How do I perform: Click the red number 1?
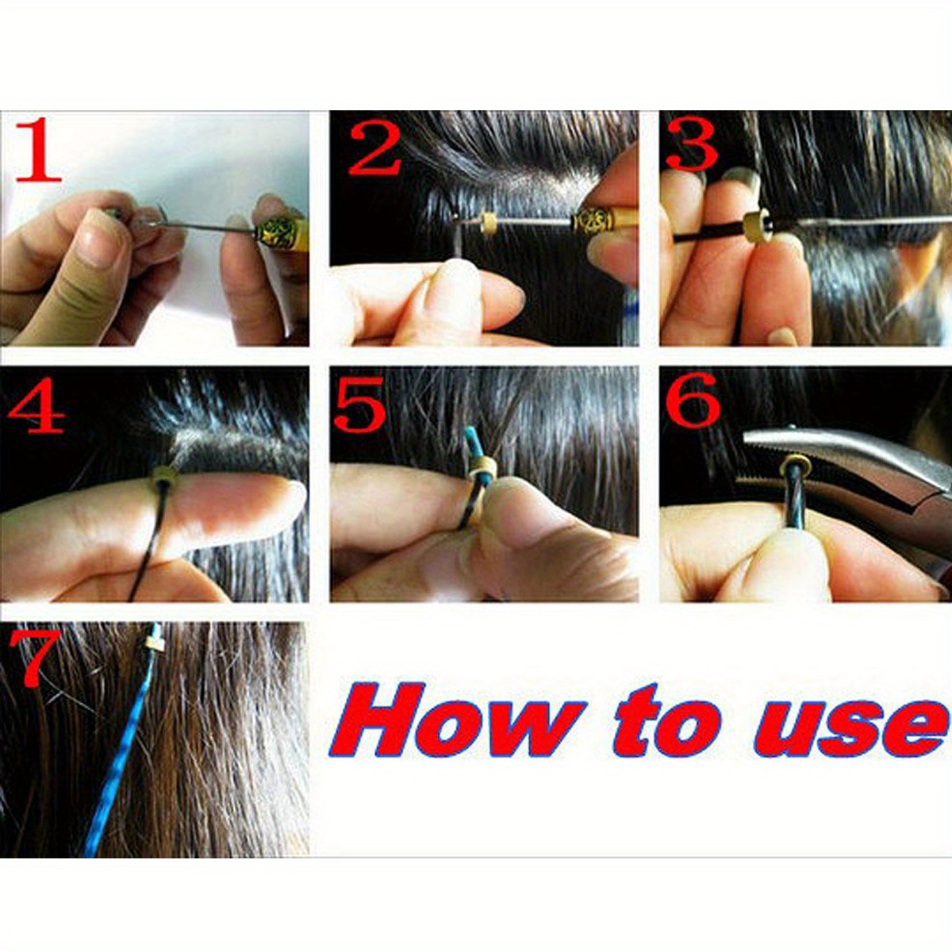[38, 151]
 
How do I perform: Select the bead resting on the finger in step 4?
[165, 476]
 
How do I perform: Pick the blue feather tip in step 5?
[475, 439]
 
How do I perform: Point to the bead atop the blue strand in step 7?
[154, 635]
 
